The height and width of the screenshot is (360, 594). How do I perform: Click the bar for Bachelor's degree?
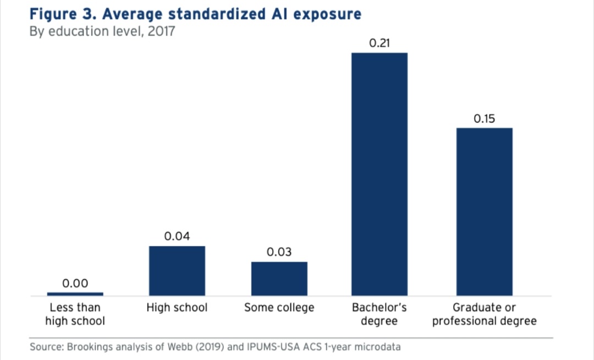click(380, 174)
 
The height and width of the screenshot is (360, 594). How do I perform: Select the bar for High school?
click(177, 271)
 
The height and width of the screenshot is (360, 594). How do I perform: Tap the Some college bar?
click(279, 279)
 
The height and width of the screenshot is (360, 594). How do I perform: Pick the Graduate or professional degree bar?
click(485, 212)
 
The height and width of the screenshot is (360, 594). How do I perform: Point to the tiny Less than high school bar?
click(75, 294)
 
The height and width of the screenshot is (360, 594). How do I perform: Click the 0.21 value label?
click(380, 43)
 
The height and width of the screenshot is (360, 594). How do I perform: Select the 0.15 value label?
click(485, 119)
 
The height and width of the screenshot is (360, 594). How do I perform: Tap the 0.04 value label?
click(177, 237)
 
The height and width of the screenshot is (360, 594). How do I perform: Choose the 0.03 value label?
click(279, 252)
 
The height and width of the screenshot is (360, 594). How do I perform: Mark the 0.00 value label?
click(75, 284)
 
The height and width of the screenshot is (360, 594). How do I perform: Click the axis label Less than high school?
click(75, 314)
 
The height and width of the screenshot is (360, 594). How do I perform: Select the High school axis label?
click(177, 308)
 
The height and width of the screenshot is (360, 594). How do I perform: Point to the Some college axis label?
click(279, 308)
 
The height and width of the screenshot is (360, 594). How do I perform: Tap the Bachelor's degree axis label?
click(380, 314)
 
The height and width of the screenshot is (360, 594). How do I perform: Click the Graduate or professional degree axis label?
click(485, 314)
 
